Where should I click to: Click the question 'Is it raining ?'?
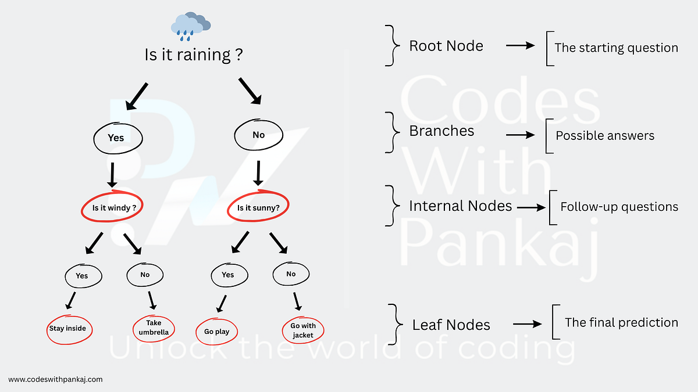pos(193,55)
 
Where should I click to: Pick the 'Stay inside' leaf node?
pos(67,329)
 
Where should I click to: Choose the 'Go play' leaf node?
pos(216,332)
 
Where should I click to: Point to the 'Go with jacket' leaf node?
pos(303,330)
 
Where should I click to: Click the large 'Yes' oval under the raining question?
pos(116,138)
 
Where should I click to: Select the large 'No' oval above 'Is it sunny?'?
pos(258,135)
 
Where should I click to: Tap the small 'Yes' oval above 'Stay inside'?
pos(82,275)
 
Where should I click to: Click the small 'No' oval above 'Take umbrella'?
pos(145,274)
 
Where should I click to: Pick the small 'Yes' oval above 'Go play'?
pos(227,275)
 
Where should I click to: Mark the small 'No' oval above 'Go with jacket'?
pos(291,274)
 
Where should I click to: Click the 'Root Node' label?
pos(446,46)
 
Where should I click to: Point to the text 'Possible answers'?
pos(605,136)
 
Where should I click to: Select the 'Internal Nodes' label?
pos(460,206)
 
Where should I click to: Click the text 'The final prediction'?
pos(621,322)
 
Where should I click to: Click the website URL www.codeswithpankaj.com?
pos(56,379)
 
